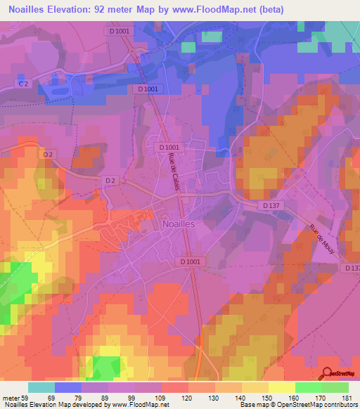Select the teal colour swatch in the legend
click(x=41, y=388)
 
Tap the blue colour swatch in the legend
click(x=68, y=388)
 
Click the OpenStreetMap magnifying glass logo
click(x=328, y=374)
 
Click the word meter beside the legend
click(x=10, y=398)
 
